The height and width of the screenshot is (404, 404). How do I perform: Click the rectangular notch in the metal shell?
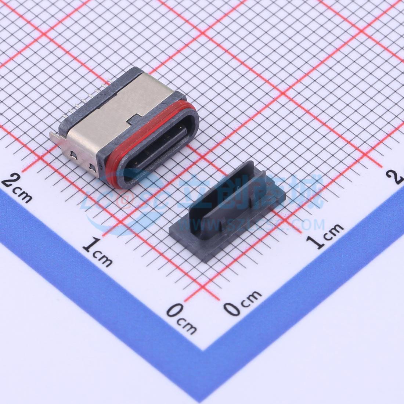[x=134, y=117]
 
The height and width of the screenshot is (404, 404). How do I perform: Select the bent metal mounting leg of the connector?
[x=55, y=138]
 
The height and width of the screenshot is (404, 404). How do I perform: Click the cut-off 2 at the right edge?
[x=398, y=177]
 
